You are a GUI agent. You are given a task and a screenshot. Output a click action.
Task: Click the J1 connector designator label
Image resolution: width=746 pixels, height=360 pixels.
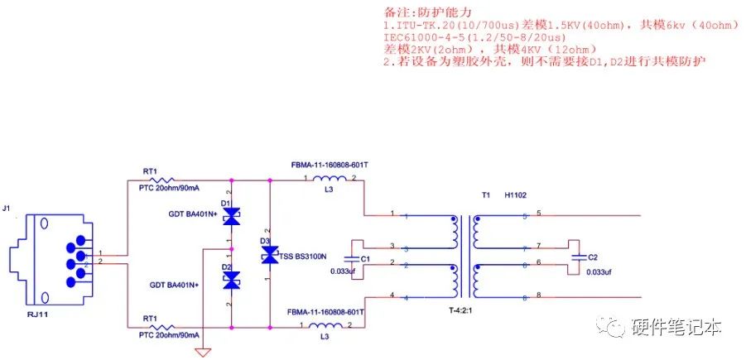[x=8, y=208]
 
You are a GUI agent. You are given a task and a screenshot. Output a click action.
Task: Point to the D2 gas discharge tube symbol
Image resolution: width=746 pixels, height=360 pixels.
[x=232, y=280]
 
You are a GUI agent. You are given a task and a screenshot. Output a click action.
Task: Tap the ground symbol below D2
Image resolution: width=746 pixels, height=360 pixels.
[x=202, y=353]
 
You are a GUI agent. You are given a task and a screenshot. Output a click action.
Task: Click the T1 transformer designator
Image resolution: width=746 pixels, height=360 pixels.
[x=486, y=196]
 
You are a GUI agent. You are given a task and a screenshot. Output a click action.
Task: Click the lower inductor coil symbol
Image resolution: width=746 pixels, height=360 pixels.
[x=328, y=326]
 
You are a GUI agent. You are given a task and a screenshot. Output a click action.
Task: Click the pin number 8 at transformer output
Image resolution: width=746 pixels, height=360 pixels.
[x=538, y=295]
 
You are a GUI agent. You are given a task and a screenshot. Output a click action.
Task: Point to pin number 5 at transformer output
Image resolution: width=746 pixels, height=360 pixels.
[x=538, y=214]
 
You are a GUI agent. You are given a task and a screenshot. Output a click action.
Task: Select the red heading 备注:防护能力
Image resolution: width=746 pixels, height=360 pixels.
[x=427, y=13]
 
